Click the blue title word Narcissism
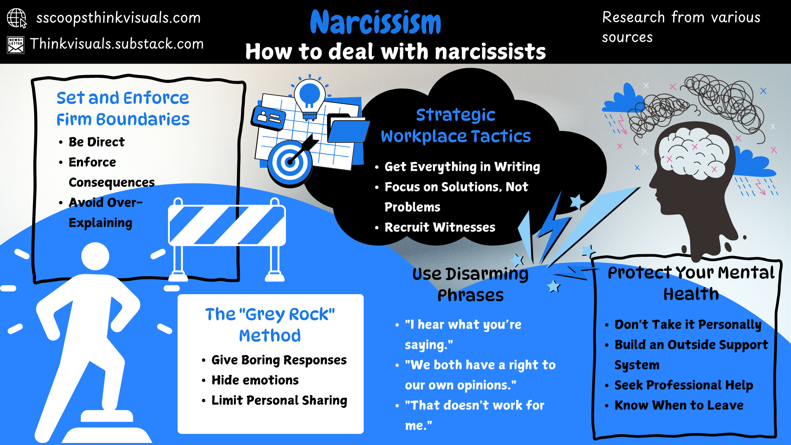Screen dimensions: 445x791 click(375, 23)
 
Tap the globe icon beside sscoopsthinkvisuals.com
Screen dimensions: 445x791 click(16, 18)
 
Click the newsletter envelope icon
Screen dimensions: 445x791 click(16, 45)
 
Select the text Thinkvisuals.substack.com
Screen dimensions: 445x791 click(117, 44)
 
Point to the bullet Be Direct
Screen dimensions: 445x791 click(96, 142)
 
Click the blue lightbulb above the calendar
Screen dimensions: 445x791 click(310, 96)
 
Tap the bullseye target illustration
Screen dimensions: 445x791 click(290, 162)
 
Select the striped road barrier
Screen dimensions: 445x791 click(227, 225)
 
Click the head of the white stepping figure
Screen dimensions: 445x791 click(95, 256)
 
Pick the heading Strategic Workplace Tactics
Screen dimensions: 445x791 click(456, 125)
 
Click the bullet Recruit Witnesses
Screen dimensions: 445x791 click(440, 227)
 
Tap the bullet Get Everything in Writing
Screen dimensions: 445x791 click(462, 166)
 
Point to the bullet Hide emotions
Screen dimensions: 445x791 click(255, 380)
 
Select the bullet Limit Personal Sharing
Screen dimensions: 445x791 click(279, 400)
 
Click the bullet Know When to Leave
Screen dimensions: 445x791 click(679, 405)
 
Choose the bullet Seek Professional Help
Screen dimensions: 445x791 click(683, 385)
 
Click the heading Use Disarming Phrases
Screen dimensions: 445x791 click(470, 284)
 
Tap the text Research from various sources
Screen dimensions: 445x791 click(681, 27)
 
